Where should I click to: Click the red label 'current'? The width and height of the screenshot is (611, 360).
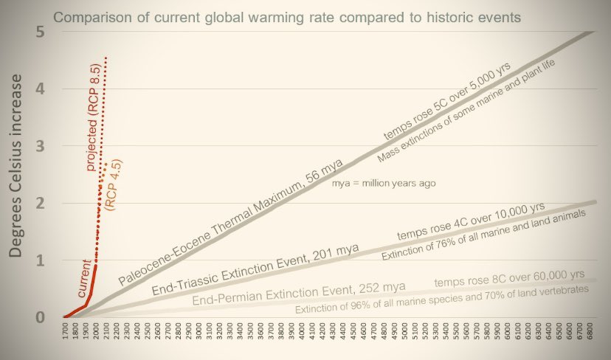point(84,274)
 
